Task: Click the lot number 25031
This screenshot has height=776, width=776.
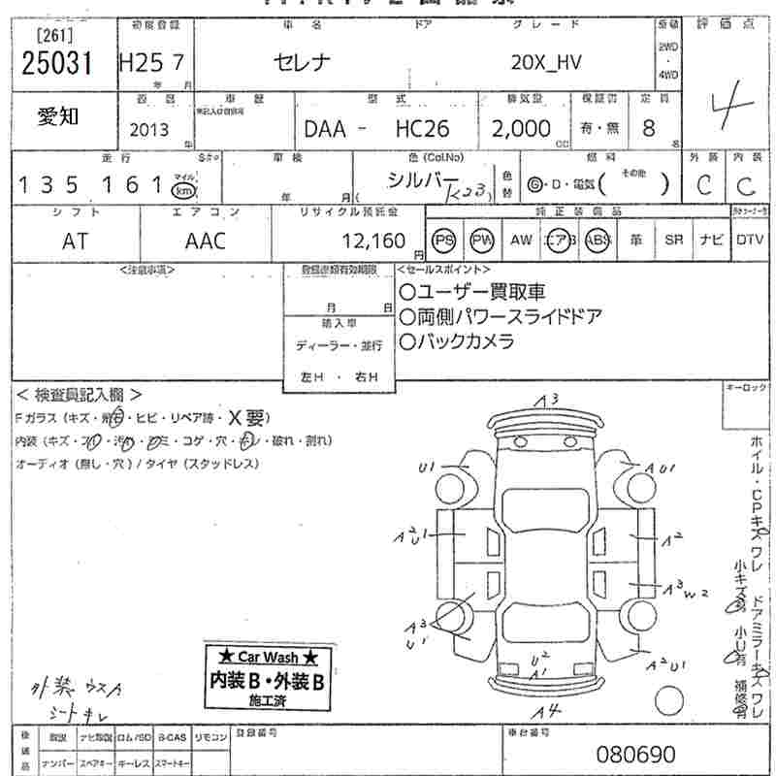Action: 57,63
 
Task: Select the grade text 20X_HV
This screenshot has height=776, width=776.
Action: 549,63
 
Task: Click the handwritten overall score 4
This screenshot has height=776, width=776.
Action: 717,103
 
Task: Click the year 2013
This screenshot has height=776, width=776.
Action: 147,129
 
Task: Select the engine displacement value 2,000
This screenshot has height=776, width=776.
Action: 521,129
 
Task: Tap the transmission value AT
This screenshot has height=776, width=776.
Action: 75,241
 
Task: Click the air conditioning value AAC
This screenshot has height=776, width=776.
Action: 205,241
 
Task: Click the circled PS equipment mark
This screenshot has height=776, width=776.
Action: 444,241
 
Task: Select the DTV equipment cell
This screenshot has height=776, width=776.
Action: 750,241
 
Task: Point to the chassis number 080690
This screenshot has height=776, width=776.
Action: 635,754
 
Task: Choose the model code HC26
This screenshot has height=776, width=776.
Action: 422,129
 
